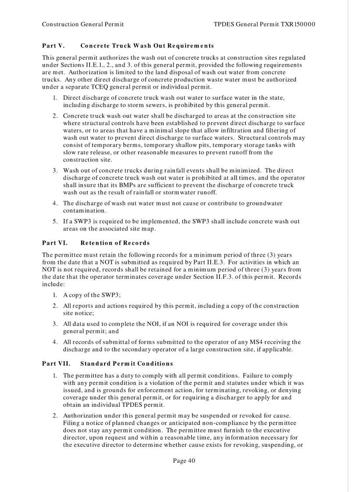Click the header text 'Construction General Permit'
(83, 24)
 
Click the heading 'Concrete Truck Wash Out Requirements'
(147, 46)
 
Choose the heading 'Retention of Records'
(115, 243)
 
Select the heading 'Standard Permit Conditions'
(126, 363)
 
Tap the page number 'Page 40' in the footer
(184, 460)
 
